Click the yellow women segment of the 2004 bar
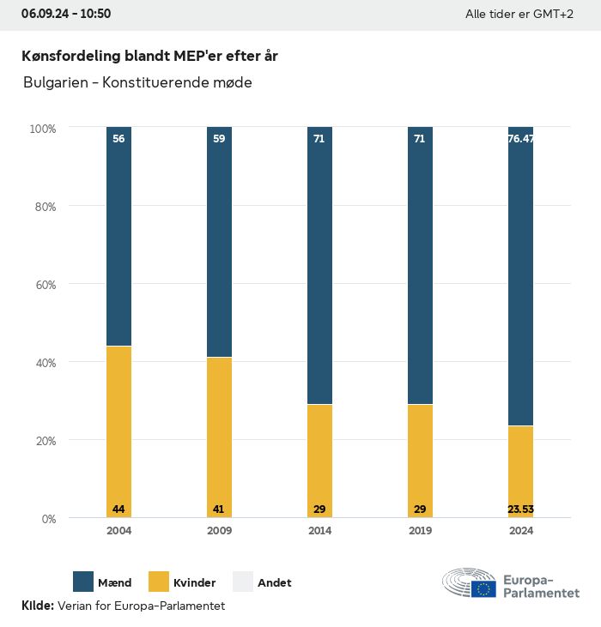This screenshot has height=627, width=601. (118, 429)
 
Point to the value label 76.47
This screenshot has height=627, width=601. (520, 139)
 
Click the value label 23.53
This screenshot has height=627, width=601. (520, 509)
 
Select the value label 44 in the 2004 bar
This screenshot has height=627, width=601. (118, 509)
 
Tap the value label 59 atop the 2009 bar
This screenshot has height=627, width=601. (219, 139)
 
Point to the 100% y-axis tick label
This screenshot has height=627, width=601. (42, 129)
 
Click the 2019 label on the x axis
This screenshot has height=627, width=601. (420, 531)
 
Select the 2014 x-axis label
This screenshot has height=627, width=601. (319, 531)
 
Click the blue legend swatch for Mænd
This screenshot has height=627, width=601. (83, 582)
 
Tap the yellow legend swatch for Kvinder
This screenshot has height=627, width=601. (159, 582)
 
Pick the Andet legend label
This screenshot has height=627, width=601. (275, 583)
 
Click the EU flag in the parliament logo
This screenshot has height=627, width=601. (483, 588)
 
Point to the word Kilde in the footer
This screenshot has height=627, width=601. (37, 606)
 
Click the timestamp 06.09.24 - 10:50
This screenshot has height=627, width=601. (66, 14)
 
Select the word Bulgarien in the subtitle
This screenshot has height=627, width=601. (53, 83)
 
